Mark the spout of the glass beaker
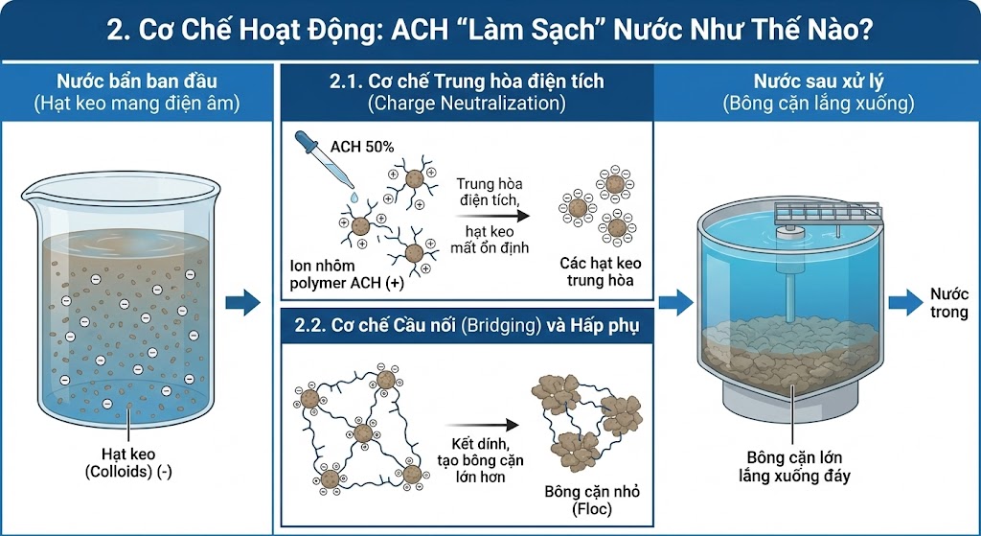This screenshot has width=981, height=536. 30,194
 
